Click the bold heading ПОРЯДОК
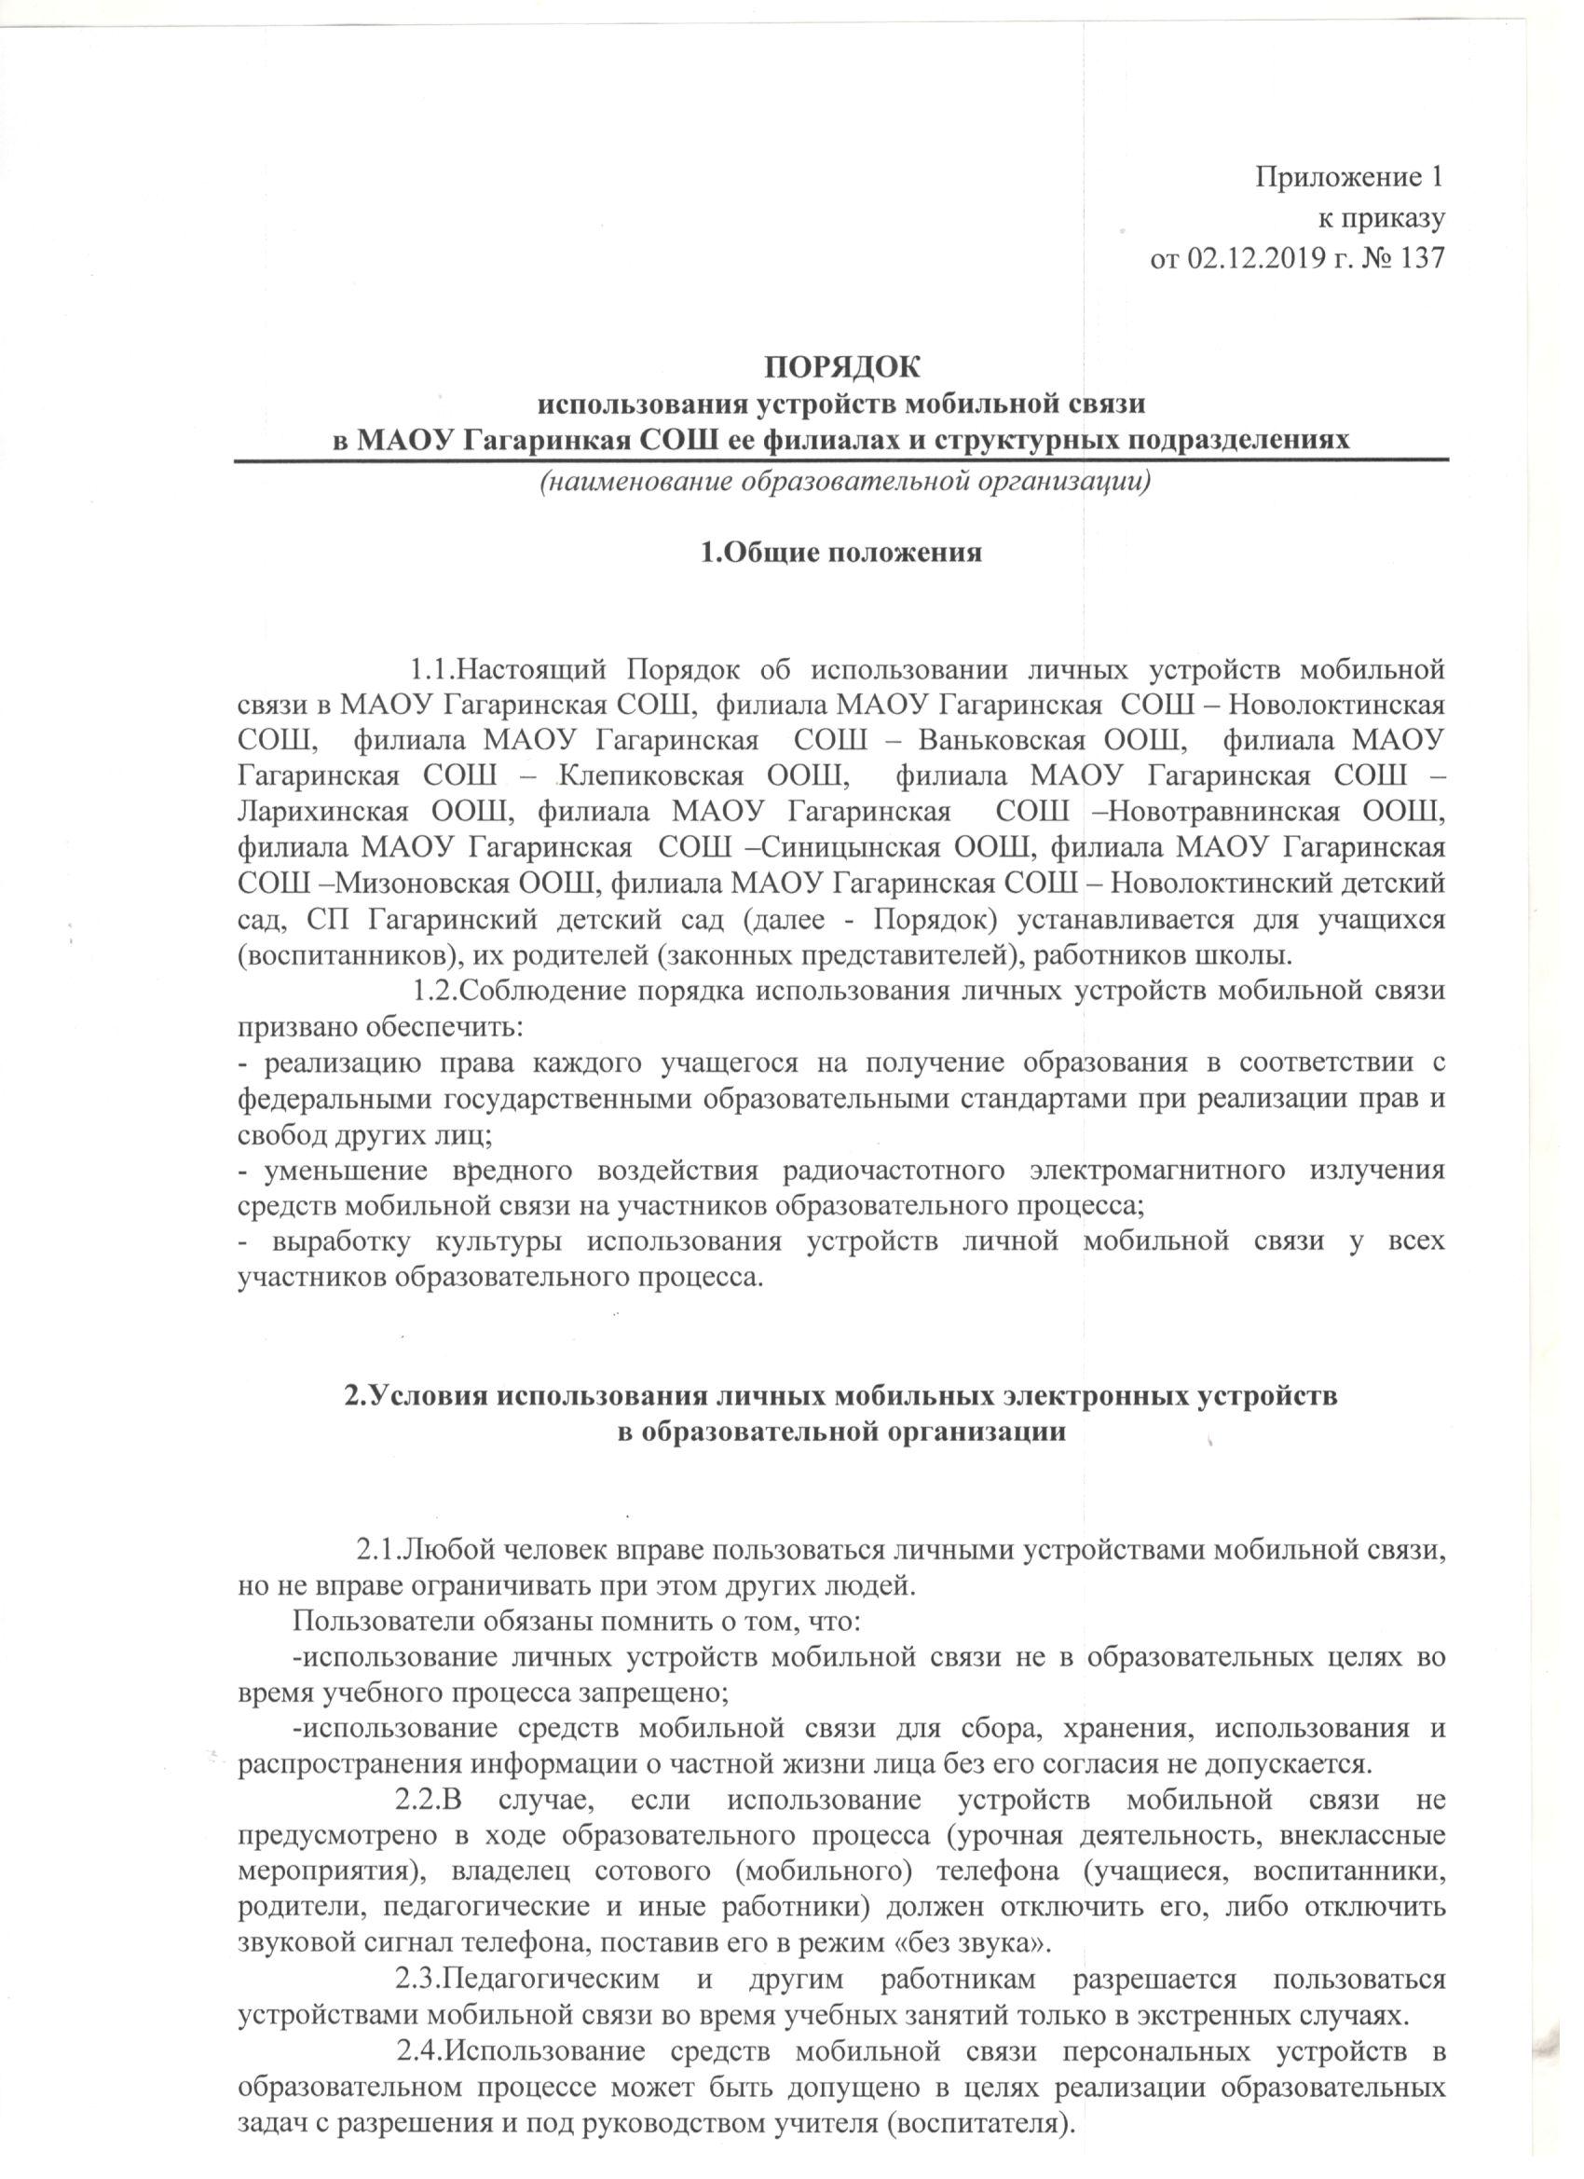click(840, 367)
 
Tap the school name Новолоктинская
click(1337, 704)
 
